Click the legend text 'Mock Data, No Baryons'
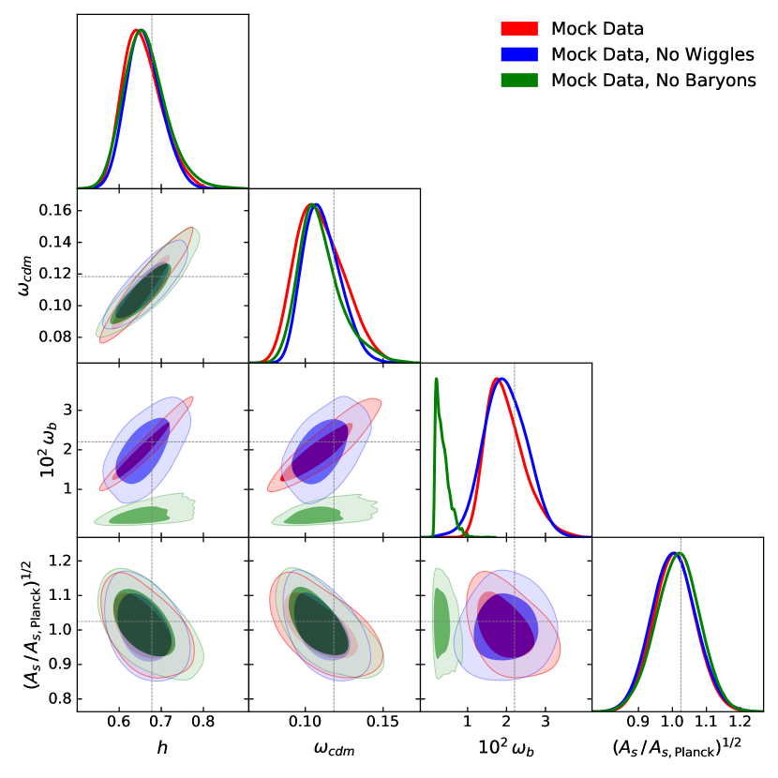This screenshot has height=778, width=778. pos(653,80)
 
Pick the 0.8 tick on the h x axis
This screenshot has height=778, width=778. pos(202,724)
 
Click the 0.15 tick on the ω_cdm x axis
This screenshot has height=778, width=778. pos(382,724)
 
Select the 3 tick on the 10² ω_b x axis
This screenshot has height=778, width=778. pos(545,724)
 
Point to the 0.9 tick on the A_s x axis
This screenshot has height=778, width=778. pos(637,724)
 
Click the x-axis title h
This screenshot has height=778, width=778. pos(162,749)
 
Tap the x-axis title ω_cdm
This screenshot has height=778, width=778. pos(334,749)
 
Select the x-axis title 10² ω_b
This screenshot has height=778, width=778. pos(506,749)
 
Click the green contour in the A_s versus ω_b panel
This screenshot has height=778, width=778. pos(441,623)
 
